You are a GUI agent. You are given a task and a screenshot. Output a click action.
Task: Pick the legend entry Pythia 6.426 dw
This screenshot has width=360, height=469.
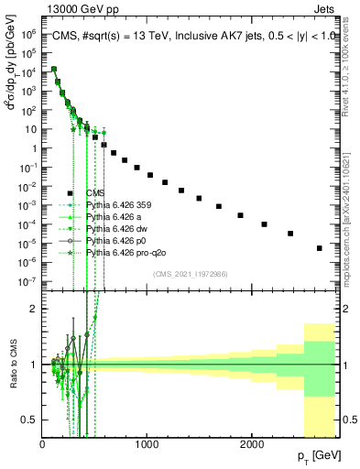pos(104,228)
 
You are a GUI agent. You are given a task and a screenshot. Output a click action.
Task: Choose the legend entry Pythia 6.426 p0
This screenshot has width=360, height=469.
pos(104,239)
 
